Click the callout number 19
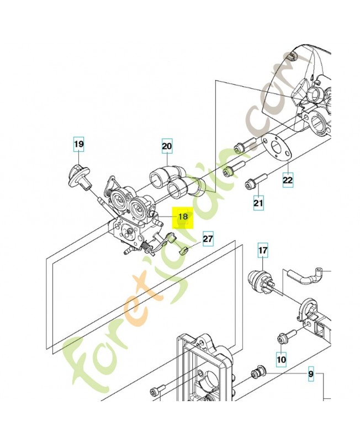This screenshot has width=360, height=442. [79, 145]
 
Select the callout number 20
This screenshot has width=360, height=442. [167, 146]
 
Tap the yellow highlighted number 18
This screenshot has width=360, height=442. [183, 217]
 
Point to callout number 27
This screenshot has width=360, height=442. [207, 239]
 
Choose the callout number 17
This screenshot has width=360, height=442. [263, 251]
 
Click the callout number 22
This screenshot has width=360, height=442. [288, 180]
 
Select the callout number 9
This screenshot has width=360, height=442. [310, 374]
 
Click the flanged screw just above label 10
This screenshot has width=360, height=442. [288, 335]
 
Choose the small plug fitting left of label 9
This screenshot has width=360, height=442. [257, 373]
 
